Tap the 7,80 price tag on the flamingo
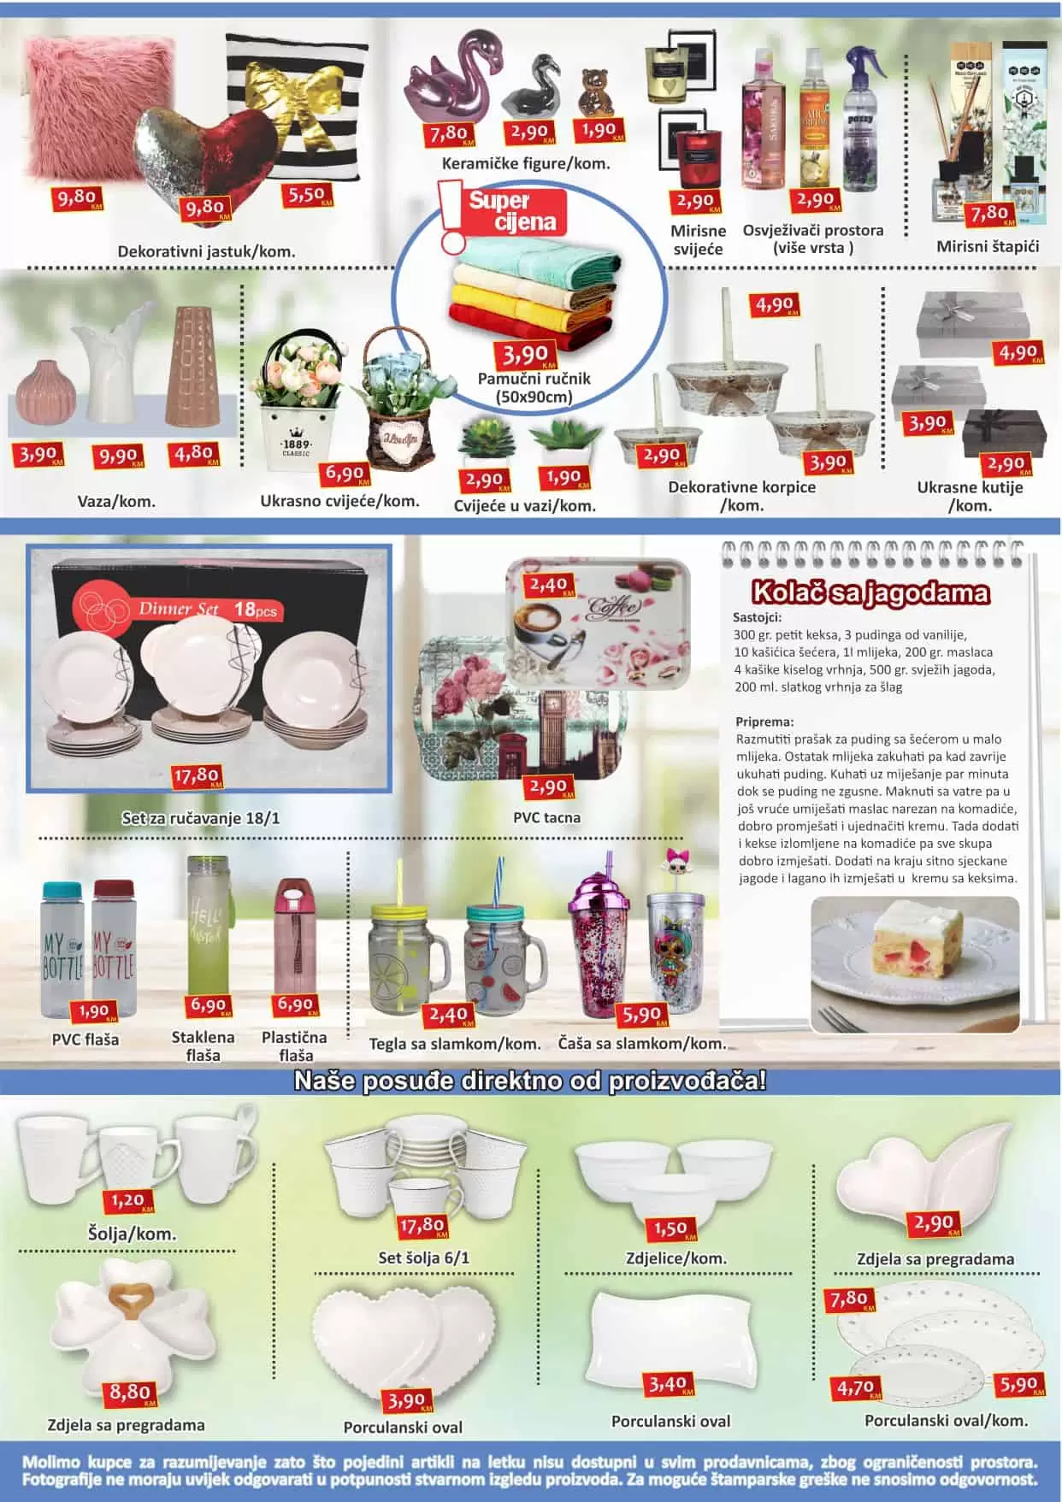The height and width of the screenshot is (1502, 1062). [448, 134]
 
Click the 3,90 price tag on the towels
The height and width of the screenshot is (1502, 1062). [525, 354]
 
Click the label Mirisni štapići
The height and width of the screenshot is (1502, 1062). [988, 247]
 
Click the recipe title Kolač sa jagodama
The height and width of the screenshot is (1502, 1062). [870, 592]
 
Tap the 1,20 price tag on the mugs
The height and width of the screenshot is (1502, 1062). [127, 1200]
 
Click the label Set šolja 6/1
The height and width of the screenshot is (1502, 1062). [423, 1258]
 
